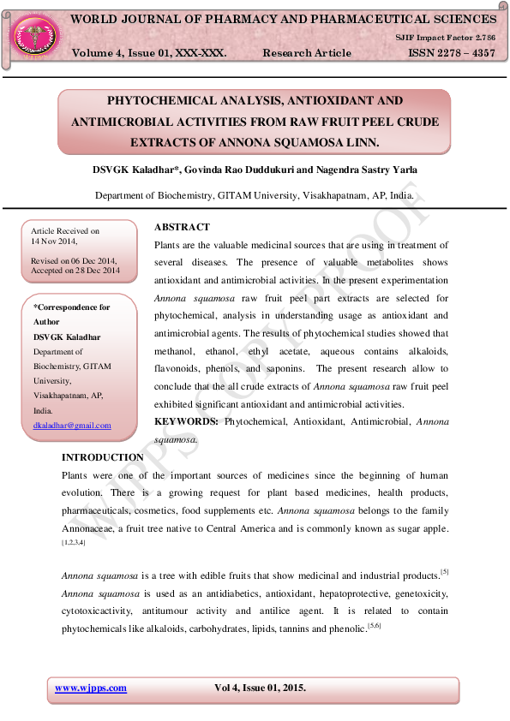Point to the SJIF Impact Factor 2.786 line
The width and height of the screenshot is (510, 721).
tap(445, 39)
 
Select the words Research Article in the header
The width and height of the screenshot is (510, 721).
tap(307, 53)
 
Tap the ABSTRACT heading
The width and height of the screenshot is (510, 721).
tap(182, 227)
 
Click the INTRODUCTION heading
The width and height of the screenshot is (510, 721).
tap(103, 457)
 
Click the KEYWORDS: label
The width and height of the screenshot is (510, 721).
tap(186, 421)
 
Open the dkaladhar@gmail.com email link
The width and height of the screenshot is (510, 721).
tap(72, 426)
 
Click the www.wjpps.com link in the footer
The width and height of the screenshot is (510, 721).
tap(91, 688)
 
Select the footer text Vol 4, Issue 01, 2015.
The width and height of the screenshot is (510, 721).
tap(260, 688)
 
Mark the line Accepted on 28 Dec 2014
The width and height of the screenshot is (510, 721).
tap(75, 271)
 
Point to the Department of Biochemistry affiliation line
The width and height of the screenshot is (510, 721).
tap(255, 195)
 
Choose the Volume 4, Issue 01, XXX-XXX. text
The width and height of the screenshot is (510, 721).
tap(149, 53)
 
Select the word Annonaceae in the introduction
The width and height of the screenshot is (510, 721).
tap(92, 528)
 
